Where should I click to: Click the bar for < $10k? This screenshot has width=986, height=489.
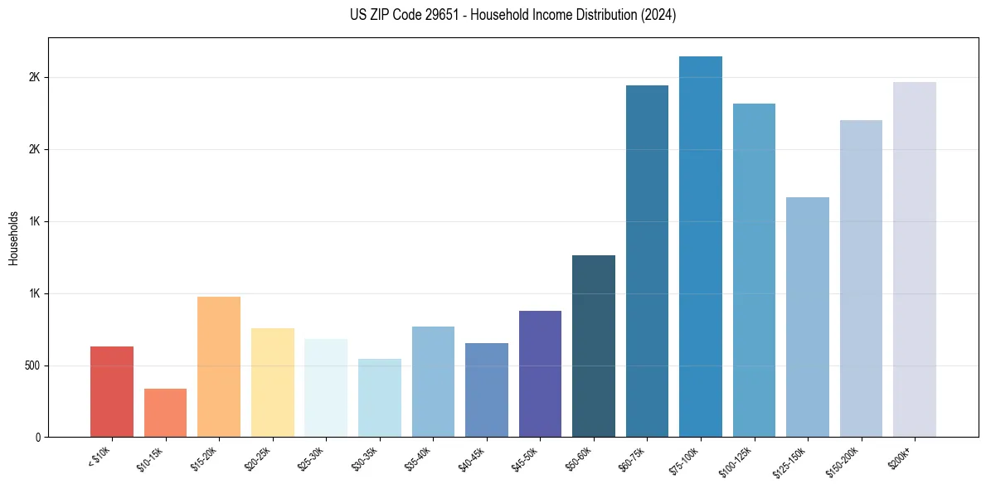click(x=112, y=391)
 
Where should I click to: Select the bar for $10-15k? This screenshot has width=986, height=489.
click(x=165, y=413)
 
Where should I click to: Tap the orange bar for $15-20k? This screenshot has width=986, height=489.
click(x=219, y=366)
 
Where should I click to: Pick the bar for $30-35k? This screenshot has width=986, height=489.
click(x=379, y=398)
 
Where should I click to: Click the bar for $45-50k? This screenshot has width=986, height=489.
click(x=540, y=374)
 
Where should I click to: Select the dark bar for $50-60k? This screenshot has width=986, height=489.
click(x=594, y=346)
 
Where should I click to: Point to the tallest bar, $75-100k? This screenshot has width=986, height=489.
click(x=701, y=246)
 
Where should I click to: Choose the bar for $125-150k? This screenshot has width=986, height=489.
click(x=808, y=317)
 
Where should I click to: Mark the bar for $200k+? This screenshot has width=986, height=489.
click(x=915, y=259)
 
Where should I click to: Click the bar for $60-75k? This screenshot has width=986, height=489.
click(x=647, y=261)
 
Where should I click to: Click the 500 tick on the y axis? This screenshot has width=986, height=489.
click(x=31, y=366)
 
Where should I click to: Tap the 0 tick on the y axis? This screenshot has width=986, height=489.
click(x=37, y=437)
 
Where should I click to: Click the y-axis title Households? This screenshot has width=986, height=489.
click(x=13, y=238)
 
